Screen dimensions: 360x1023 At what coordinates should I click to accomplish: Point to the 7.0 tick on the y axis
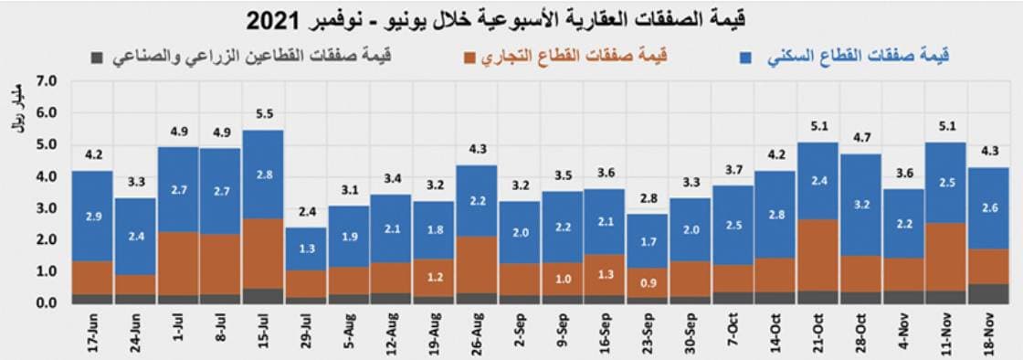(x=46, y=82)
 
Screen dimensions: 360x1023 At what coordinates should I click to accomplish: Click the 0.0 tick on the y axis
(x=46, y=303)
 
